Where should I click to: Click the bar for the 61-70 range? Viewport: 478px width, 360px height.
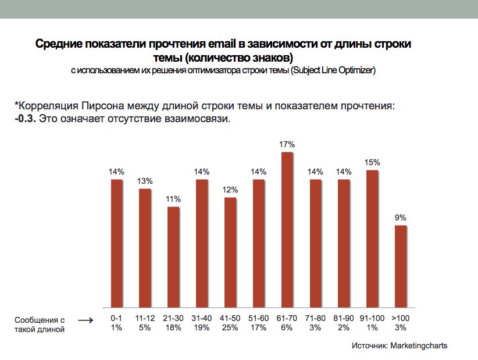[287, 230]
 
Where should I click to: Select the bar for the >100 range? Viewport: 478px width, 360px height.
[401, 266]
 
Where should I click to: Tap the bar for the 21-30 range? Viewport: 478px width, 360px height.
[173, 257]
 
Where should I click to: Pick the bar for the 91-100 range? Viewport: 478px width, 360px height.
[372, 238]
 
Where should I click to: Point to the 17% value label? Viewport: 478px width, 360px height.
[287, 144]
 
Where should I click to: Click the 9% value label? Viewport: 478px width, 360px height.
[401, 218]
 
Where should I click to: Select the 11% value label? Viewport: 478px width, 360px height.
[173, 199]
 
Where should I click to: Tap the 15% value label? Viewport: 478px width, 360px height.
[372, 162]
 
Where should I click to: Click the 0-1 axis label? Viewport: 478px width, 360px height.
[116, 319]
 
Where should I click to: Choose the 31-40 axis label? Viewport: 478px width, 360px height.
[202, 319]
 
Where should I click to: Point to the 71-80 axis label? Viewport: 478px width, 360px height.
[316, 319]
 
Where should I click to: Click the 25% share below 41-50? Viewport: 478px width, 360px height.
[230, 328]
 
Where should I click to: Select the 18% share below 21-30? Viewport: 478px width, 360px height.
[173, 328]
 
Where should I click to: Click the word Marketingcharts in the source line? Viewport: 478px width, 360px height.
[419, 345]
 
